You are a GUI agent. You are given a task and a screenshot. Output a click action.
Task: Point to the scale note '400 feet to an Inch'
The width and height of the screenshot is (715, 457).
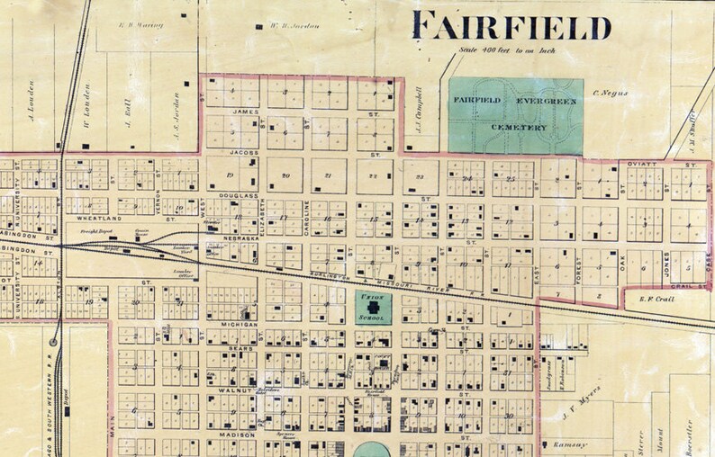509,50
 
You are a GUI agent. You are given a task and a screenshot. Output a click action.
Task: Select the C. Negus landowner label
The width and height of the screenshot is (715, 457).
611,92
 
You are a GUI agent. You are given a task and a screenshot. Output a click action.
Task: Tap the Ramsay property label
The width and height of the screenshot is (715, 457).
576,444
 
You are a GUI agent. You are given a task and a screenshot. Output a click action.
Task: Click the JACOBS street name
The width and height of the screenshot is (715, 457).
244,153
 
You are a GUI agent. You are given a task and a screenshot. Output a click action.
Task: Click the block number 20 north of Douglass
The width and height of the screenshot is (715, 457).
285,175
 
